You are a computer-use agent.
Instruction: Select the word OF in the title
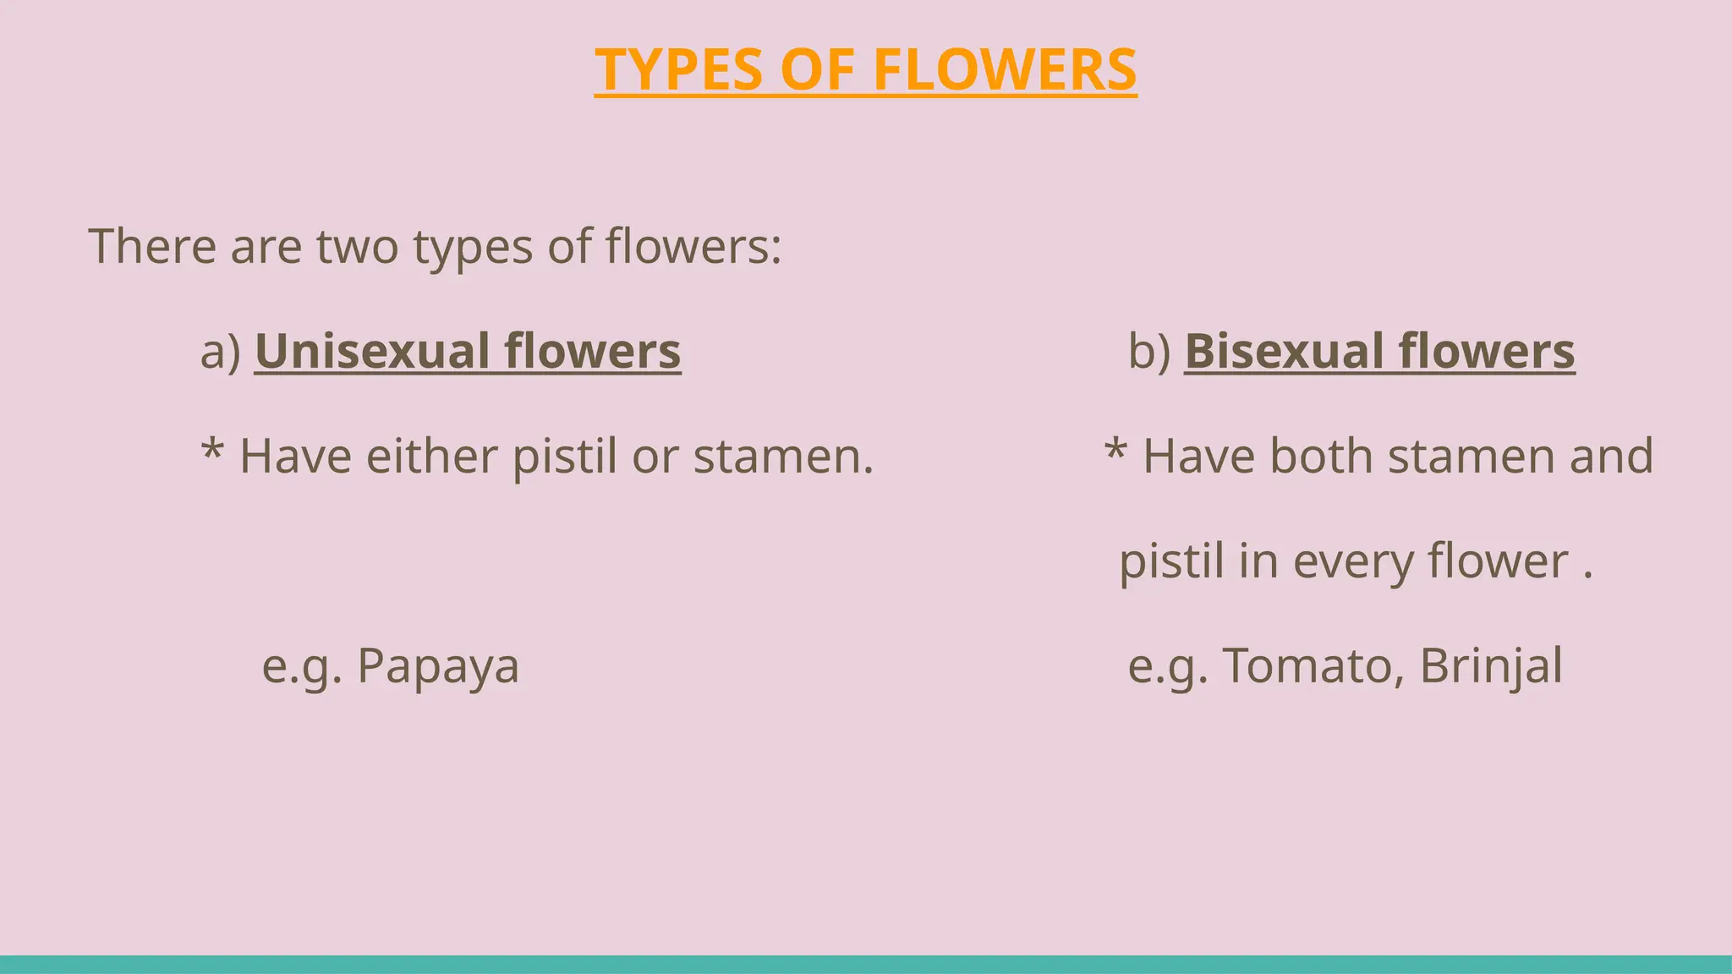[x=817, y=69]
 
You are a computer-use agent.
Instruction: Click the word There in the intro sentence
[x=152, y=246]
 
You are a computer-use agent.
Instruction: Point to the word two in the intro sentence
[x=357, y=246]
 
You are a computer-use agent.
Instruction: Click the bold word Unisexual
[x=372, y=351]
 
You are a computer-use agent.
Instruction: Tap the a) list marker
[x=221, y=351]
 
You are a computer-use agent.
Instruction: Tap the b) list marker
[x=1149, y=351]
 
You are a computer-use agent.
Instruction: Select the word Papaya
[x=438, y=666]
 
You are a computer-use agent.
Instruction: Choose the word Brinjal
[x=1491, y=666]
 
